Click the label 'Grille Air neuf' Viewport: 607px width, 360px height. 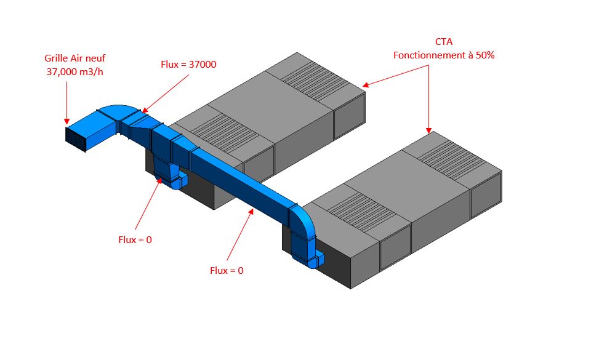(74, 58)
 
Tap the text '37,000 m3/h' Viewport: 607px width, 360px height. (74, 71)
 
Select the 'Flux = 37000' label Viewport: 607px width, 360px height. (188, 64)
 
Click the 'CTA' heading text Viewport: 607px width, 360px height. (444, 42)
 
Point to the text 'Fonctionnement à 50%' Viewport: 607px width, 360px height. (444, 55)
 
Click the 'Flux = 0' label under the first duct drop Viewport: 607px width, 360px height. (135, 239)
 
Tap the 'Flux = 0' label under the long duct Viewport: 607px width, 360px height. (227, 270)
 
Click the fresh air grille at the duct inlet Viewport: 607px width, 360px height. (76, 138)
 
